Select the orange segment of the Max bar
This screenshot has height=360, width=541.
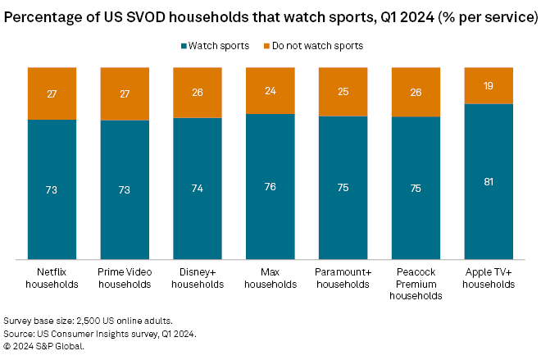point(270,90)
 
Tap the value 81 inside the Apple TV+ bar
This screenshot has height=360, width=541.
point(489,181)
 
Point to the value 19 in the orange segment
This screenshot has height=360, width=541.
point(489,85)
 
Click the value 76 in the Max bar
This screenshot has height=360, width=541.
point(270,186)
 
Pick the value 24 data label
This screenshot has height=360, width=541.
point(270,90)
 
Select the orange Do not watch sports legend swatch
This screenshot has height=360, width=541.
point(266,46)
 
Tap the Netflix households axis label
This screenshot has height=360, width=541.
point(52,277)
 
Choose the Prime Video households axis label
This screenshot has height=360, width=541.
point(125,277)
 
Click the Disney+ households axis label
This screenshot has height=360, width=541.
point(197,277)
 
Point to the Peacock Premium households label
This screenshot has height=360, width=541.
point(416,283)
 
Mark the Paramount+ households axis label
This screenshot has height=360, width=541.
point(343,277)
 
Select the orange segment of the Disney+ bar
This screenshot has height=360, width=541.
point(197,92)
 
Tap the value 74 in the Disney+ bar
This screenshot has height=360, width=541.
point(197,189)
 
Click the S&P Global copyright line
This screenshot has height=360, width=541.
point(44,345)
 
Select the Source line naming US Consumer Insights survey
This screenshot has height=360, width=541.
point(101,333)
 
